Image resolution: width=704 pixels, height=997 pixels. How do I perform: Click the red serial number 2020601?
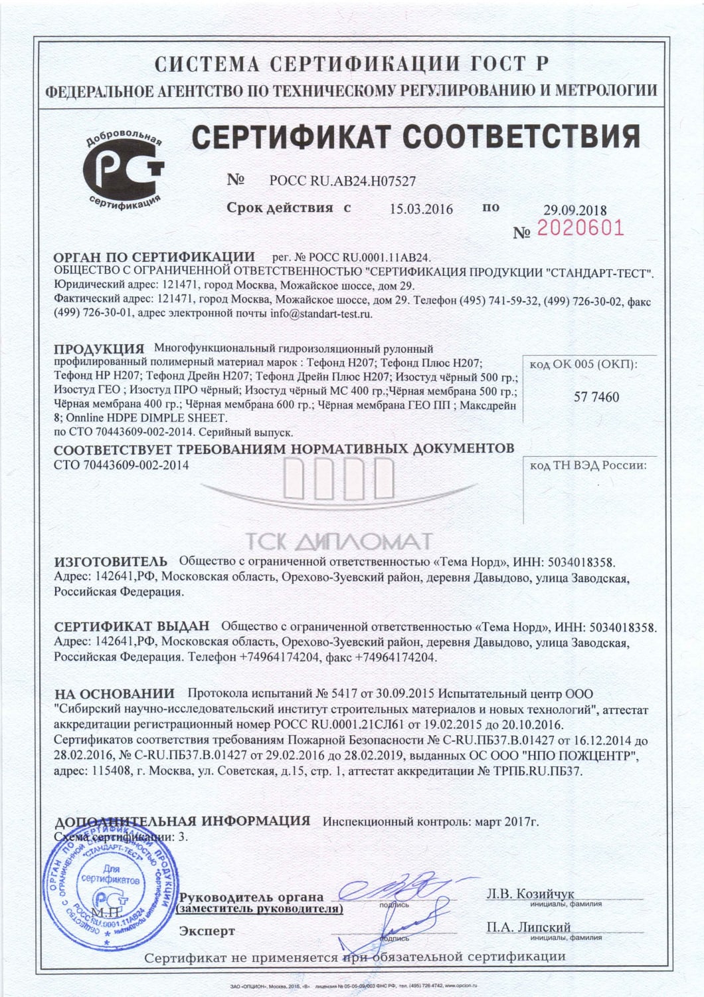pyautogui.click(x=580, y=229)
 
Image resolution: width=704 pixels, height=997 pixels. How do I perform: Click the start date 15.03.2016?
pyautogui.click(x=421, y=209)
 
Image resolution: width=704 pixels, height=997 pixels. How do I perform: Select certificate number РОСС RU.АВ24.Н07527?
pyautogui.click(x=343, y=180)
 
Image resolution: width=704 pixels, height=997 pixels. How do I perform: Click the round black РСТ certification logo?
pyautogui.click(x=123, y=169)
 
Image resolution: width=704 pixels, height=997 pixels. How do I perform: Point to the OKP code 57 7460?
pyautogui.click(x=596, y=397)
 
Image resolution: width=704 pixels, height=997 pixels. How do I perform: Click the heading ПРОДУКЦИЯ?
pyautogui.click(x=99, y=349)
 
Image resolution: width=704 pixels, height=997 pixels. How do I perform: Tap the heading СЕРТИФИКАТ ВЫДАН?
pyautogui.click(x=132, y=626)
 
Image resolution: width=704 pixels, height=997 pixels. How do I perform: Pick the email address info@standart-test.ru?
pyautogui.click(x=321, y=313)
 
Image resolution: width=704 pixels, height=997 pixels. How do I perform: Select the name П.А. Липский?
pyautogui.click(x=528, y=927)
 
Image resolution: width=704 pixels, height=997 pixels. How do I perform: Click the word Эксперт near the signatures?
pyautogui.click(x=207, y=931)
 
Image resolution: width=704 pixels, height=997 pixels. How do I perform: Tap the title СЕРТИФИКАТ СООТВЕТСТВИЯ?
pyautogui.click(x=416, y=137)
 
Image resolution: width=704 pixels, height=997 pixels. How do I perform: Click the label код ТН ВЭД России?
pyautogui.click(x=588, y=465)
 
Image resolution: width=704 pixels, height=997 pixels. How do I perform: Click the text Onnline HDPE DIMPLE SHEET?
pyautogui.click(x=146, y=418)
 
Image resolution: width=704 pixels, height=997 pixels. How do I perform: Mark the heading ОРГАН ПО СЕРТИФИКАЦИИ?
pyautogui.click(x=154, y=257)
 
